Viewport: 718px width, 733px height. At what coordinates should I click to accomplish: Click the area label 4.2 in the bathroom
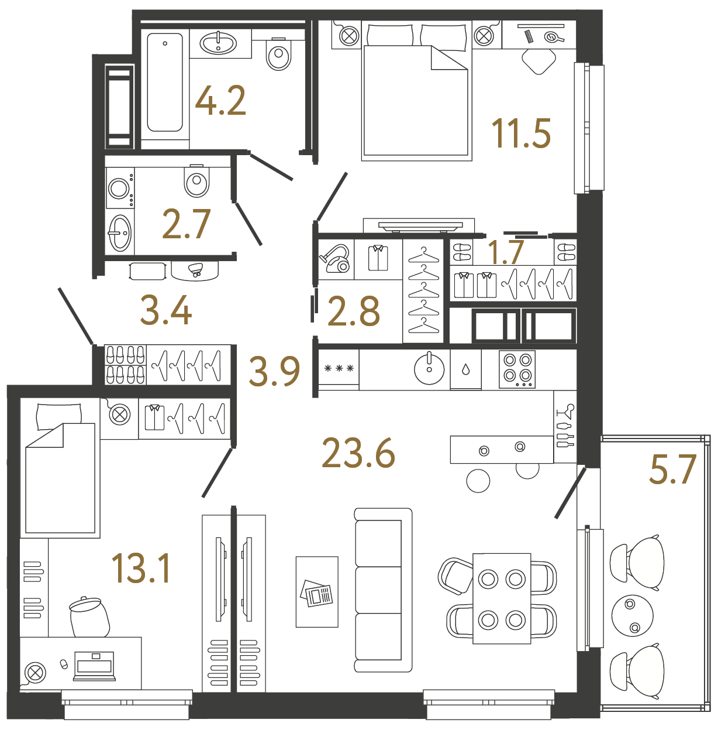(x=220, y=101)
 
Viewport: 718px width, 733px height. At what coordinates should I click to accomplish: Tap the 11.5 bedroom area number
(x=521, y=133)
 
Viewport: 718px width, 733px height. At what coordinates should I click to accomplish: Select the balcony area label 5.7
(x=672, y=470)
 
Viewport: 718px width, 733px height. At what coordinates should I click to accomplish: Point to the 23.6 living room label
(x=358, y=454)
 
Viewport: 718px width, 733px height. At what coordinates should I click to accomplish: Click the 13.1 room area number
(x=141, y=568)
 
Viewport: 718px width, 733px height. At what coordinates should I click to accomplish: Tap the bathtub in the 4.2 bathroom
(x=165, y=82)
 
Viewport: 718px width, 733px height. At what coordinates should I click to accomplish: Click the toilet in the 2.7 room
(x=196, y=181)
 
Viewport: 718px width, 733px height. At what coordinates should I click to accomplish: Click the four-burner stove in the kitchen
(x=517, y=369)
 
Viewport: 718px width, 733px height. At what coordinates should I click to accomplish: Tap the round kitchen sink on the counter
(x=429, y=369)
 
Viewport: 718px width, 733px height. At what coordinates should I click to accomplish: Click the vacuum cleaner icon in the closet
(x=335, y=259)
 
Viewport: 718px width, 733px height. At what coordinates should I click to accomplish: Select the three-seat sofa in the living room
(x=383, y=590)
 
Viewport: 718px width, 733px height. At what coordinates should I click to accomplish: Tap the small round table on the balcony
(x=632, y=616)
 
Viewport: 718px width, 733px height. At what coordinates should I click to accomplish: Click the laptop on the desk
(x=94, y=666)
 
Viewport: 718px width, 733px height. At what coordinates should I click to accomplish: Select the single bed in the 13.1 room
(x=60, y=468)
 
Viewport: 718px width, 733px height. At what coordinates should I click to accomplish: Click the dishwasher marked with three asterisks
(x=339, y=369)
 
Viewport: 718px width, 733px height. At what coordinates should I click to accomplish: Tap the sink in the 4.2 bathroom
(x=218, y=43)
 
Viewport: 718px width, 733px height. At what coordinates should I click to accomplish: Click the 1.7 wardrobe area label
(x=505, y=252)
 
